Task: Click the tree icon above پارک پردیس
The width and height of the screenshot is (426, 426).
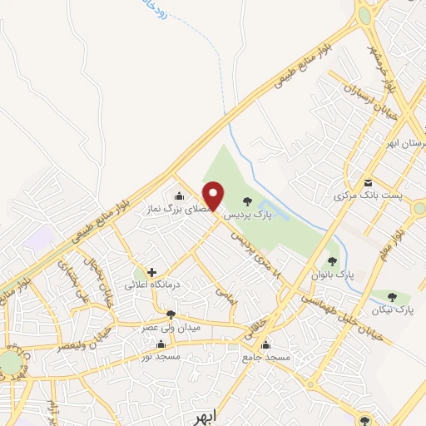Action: point(246,201)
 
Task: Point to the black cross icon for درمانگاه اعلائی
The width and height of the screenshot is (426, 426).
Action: point(151,272)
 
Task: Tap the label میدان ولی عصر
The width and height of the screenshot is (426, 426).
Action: point(171,327)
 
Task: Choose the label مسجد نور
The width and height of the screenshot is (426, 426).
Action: point(161,355)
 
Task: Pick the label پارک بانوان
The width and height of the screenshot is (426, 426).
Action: point(332,273)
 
